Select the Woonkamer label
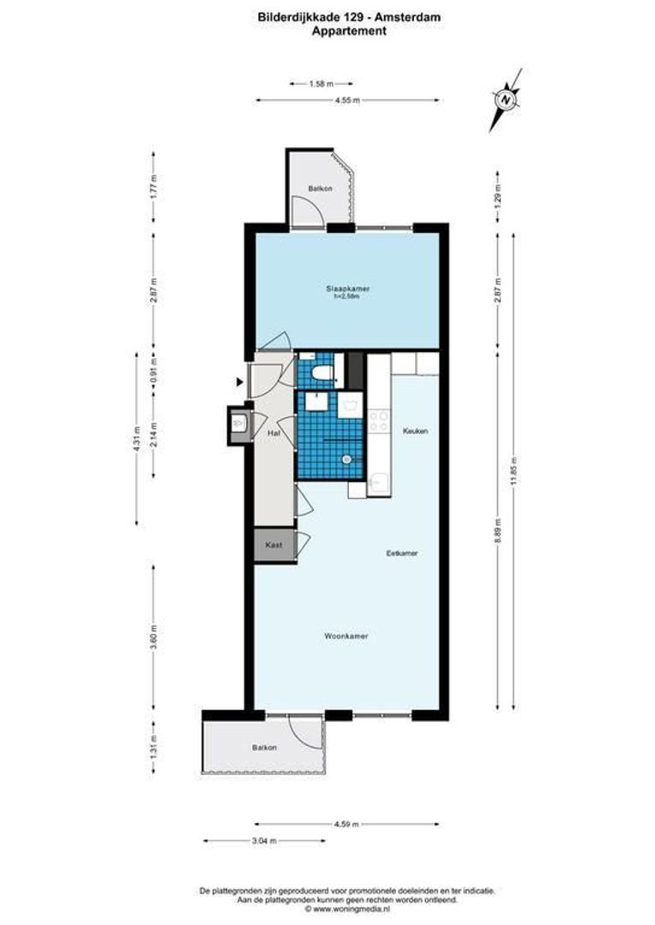pyautogui.click(x=346, y=636)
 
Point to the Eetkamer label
pyautogui.click(x=401, y=553)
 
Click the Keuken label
pyautogui.click(x=415, y=431)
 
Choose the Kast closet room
pyautogui.click(x=273, y=545)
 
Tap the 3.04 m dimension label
pyautogui.click(x=265, y=841)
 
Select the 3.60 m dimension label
pyautogui.click(x=153, y=640)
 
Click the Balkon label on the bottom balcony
pyautogui.click(x=264, y=748)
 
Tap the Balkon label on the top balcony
pyautogui.click(x=320, y=189)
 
